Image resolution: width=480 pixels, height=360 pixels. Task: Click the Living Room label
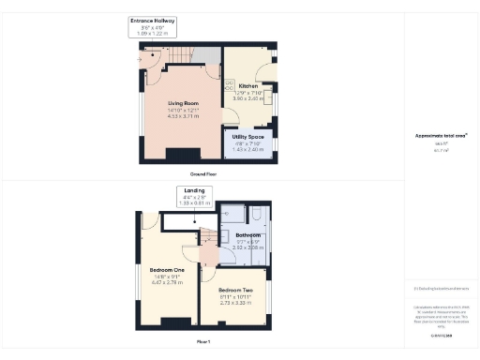pos(183,103)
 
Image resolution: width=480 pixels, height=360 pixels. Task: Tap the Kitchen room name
pos(248,86)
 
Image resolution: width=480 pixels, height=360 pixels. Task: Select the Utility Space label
pos(248,136)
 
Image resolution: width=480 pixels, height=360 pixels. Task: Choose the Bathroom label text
pos(247,234)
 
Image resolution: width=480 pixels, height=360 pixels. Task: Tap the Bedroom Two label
pos(235,291)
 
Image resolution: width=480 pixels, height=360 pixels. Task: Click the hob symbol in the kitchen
pos(228,85)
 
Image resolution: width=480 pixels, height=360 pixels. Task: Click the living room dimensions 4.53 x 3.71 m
pos(183,117)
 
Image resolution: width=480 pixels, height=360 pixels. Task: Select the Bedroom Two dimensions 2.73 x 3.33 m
pos(235,304)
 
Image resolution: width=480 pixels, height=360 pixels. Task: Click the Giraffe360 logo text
pos(440,335)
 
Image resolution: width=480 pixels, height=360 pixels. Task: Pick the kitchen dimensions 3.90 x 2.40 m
pos(248,97)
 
